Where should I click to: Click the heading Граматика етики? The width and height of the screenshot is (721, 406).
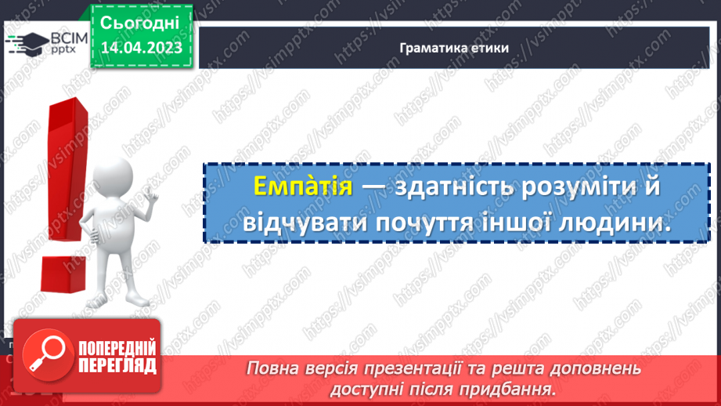tap(454, 48)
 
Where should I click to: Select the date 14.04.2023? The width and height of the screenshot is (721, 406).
tap(141, 48)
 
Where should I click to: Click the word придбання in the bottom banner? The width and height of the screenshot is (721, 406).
tap(517, 388)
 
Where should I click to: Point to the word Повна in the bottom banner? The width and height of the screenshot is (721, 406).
tap(271, 368)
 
